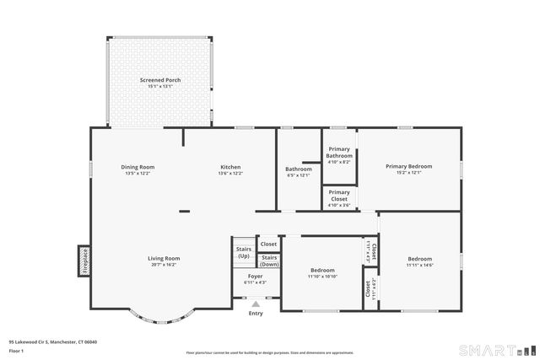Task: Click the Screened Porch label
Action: [x=160, y=80]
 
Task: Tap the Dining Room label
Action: [x=138, y=167]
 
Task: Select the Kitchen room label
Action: [x=230, y=167]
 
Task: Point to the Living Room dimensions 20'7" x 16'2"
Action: [x=164, y=265]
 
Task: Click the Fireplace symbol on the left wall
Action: [x=84, y=261]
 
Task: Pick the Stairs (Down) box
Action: [x=269, y=261]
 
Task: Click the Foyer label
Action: [x=255, y=276]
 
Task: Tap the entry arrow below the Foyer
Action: [x=256, y=304]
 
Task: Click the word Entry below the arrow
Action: [x=256, y=314]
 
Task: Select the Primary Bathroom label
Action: [x=339, y=153]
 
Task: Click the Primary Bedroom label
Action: [x=408, y=167]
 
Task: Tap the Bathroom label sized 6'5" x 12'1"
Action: [x=298, y=169]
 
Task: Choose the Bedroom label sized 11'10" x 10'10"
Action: [x=321, y=271]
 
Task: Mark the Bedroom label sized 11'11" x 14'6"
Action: [x=419, y=259]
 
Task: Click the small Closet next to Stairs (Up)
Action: [x=268, y=244]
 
